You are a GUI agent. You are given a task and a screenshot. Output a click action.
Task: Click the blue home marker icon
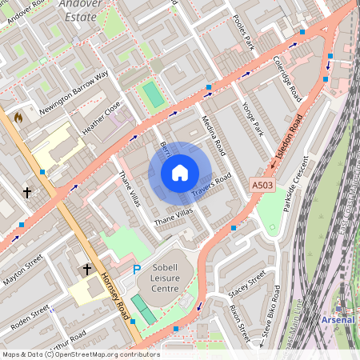[x=180, y=172]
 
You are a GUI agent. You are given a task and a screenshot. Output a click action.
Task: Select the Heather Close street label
[x=102, y=117]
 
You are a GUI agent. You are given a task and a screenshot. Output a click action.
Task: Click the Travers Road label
[x=211, y=186]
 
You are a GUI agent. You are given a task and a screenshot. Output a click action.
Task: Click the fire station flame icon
[x=18, y=117]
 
